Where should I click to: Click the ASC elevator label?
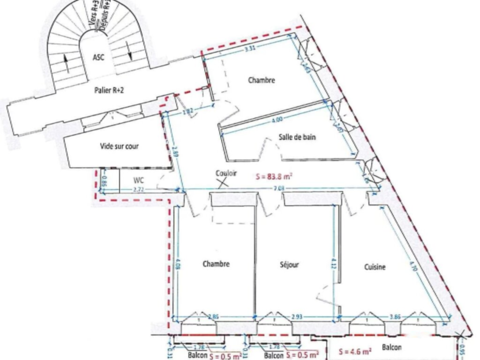coord(99,58)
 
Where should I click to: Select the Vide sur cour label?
coord(120,146)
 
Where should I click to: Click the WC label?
coord(138,180)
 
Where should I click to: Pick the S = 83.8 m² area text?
coord(274,176)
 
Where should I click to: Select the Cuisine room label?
coord(375,267)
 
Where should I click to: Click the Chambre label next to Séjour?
coord(216,264)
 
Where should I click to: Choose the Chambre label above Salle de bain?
coord(262,80)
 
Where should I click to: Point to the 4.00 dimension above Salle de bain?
coord(277,120)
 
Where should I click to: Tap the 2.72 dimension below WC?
coord(138,189)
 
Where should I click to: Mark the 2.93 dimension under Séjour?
coord(297,317)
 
